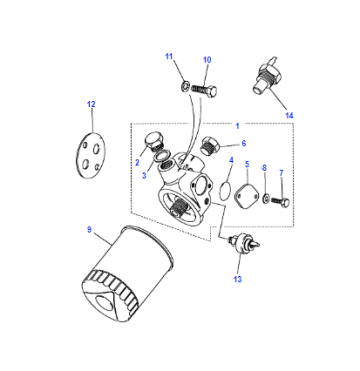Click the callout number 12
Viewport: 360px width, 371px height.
91,104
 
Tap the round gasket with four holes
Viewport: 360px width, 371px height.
90,154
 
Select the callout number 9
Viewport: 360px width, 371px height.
89,230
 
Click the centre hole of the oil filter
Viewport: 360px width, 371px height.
104,304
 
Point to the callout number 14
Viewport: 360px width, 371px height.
289,116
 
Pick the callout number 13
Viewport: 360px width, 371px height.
238,279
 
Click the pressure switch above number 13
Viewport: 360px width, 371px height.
244,242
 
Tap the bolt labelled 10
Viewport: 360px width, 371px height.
205,90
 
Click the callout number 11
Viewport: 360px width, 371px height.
169,56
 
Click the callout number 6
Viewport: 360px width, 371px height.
244,143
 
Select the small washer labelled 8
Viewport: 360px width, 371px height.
266,199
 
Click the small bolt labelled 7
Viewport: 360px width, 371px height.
280,201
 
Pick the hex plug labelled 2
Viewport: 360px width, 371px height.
153,142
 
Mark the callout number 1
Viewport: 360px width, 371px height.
237,126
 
